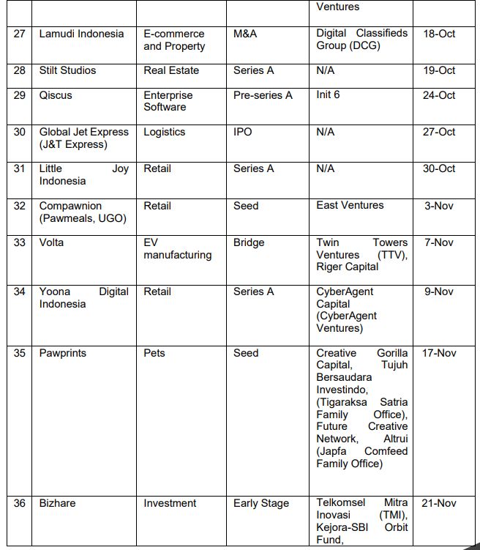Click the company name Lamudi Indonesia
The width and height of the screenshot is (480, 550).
coord(81,34)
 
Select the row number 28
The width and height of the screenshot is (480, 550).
coord(20,70)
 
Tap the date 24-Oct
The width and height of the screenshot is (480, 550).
coord(438,95)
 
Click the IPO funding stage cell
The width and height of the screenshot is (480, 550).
coord(242,132)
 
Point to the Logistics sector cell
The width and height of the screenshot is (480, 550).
coord(164,132)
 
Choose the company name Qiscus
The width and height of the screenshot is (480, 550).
coord(56,95)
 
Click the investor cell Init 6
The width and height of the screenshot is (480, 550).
coord(328,94)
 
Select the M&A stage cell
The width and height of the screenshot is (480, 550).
coord(245,34)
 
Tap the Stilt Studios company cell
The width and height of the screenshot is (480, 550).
coord(67,70)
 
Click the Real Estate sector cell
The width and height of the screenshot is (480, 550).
coord(170,70)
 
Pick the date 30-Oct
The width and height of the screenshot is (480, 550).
coord(438,168)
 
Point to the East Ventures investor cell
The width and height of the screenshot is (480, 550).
coord(350,205)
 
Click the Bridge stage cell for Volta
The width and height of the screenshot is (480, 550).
coord(249,242)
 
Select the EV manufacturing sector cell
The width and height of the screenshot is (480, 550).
coord(177,248)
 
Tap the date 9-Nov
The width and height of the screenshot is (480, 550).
coord(438,291)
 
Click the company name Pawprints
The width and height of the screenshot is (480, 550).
coord(62,353)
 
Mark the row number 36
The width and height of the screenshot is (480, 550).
coord(20,503)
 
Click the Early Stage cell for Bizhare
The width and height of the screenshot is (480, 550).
coord(261,503)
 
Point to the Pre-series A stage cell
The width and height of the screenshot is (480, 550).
coord(263,95)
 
